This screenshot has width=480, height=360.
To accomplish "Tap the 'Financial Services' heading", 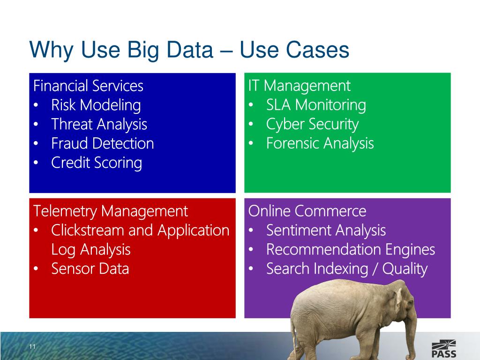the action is [88, 86].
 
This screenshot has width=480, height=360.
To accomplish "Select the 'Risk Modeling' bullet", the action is [96, 105].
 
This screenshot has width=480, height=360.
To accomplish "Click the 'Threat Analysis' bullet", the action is [99, 124].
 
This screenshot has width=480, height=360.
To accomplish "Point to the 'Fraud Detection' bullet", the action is [102, 143].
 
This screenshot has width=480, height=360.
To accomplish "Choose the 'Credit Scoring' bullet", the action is [96, 163].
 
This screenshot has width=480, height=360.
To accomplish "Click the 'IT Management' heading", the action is [299, 86].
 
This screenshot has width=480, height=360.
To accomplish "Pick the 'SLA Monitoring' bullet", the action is [315, 105].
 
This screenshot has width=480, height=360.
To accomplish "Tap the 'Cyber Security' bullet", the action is [312, 124].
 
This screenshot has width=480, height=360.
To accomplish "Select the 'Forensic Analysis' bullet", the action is [320, 143].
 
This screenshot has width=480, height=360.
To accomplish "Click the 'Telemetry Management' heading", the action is [110, 211].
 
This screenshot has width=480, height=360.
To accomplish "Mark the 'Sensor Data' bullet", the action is [90, 269].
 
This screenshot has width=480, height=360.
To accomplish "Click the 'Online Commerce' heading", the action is [307, 211].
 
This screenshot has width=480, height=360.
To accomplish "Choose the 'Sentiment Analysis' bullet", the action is [326, 231].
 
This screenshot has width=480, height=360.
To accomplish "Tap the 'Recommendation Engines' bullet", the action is [350, 250].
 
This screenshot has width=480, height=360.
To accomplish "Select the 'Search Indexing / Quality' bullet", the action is [346, 269].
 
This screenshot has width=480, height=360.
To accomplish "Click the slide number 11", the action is [32, 347].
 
